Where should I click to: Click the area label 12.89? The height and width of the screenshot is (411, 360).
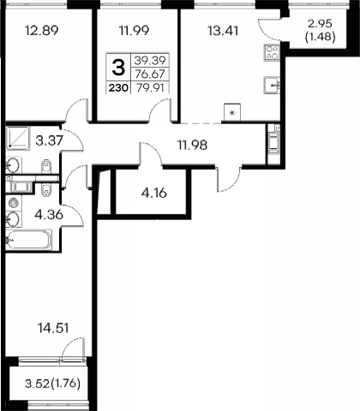42,30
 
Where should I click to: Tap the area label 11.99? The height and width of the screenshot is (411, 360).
134,30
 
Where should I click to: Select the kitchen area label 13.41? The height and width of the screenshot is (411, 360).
223,31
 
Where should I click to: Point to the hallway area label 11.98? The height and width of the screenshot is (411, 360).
193,146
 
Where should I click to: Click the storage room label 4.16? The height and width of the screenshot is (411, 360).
154,194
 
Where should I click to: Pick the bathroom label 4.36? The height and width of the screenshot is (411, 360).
49,215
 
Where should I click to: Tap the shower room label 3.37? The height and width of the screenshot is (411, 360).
49,140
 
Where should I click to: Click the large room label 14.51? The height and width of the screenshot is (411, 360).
53,328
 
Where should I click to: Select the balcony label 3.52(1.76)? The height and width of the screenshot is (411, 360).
52,384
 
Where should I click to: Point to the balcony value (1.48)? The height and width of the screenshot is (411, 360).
320,37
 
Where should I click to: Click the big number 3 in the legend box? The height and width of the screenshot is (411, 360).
118,68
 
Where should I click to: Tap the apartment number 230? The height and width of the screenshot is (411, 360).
118,88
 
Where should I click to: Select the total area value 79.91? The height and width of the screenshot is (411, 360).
150,87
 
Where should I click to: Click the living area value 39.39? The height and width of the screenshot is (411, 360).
150,60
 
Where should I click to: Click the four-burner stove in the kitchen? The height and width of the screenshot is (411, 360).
272,52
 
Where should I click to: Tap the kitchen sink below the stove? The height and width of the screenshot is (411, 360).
272,85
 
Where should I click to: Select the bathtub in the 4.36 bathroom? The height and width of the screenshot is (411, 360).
28,240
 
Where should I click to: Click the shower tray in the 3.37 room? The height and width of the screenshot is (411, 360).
17,138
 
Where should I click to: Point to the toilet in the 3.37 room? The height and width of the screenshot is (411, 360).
46,166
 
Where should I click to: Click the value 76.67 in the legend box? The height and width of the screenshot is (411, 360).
150,74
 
